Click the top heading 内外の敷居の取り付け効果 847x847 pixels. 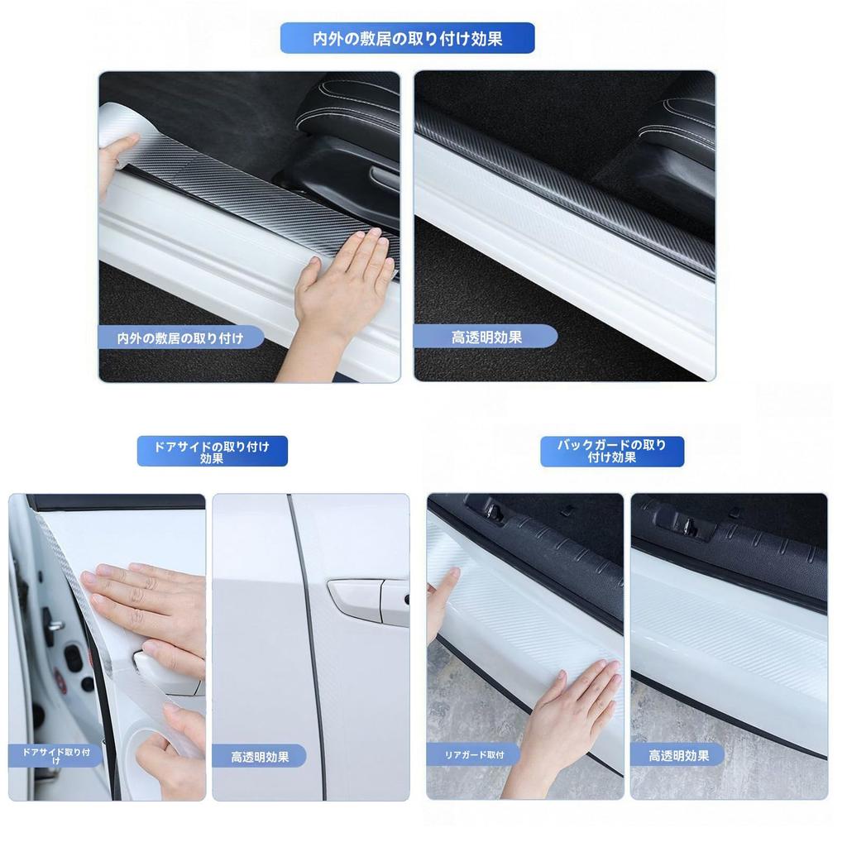point(407,38)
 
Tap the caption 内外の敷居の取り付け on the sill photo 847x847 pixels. point(180,337)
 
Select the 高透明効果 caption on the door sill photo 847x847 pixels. point(486,337)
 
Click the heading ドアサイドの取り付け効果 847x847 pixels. point(212,452)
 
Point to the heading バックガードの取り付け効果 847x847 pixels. point(612,452)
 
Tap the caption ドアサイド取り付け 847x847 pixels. point(57,755)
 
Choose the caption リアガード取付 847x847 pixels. point(474,754)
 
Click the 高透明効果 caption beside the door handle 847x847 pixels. point(260,756)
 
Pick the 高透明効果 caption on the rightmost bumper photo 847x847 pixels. point(678,755)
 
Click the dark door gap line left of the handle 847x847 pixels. point(308,645)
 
